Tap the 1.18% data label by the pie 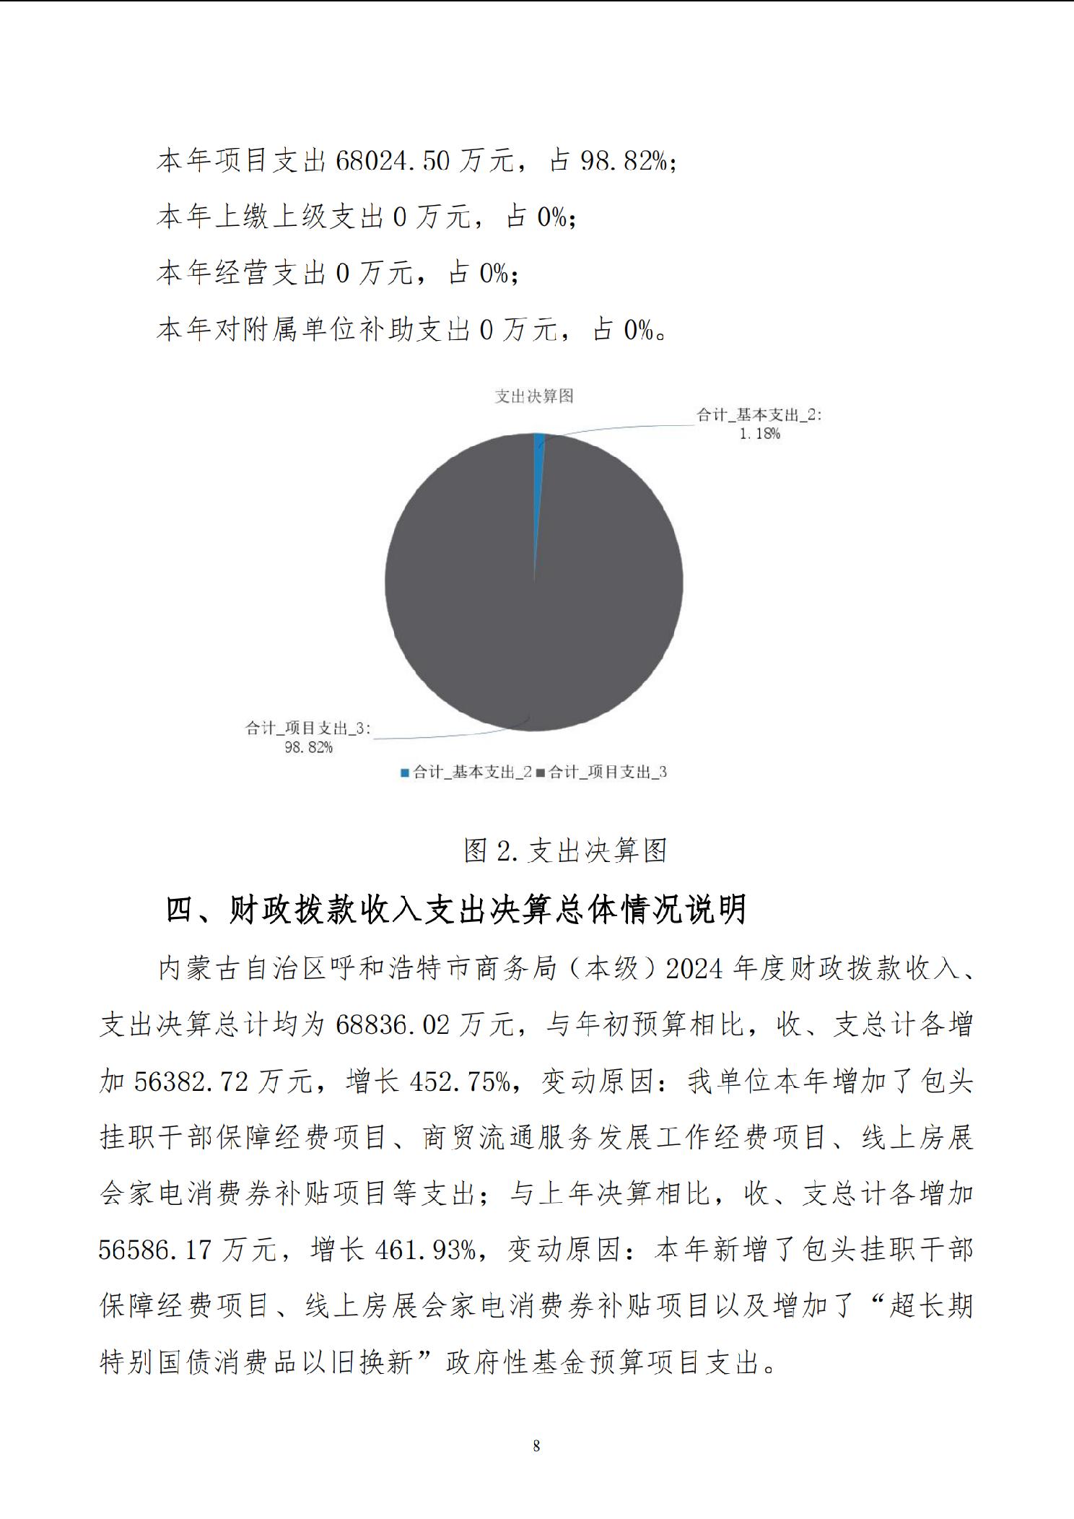click(x=759, y=434)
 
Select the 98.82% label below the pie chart click(x=308, y=747)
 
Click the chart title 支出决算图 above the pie click(x=534, y=396)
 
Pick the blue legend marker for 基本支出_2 click(x=405, y=772)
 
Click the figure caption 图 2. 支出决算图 click(x=564, y=850)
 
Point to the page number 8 click(x=536, y=1445)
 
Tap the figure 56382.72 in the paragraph click(x=191, y=1081)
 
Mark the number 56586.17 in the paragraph click(x=155, y=1250)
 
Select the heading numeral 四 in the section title click(x=180, y=910)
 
